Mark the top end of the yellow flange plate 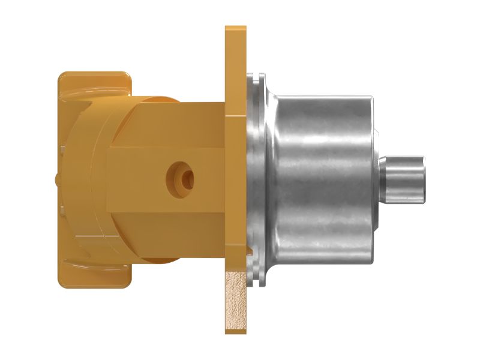(235, 30)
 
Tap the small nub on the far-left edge (56, 178)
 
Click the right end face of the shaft (425, 178)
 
